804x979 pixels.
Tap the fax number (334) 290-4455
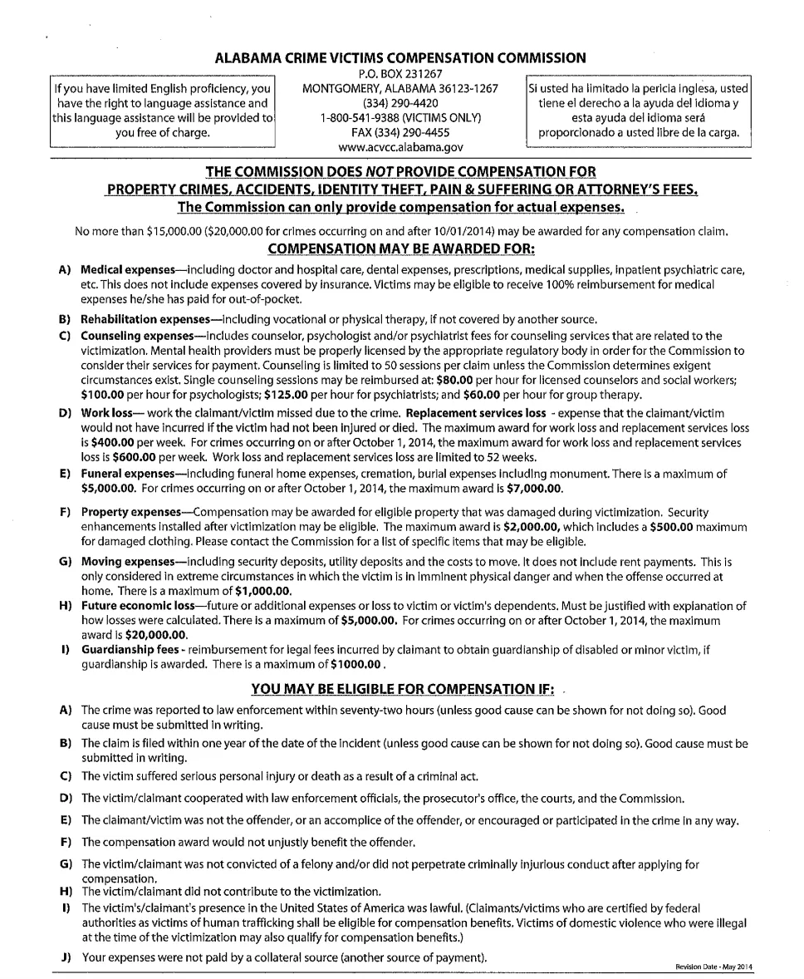400,132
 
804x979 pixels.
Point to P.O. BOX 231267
400,73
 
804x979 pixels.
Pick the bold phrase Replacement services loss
477,413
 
